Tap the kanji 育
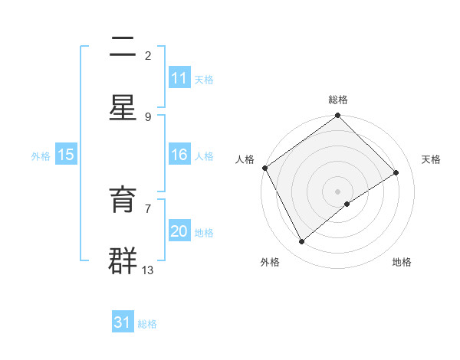123,201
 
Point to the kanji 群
123,260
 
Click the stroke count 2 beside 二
148,55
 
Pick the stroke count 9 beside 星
148,116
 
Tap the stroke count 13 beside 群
148,270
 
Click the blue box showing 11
179,78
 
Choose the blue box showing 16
179,155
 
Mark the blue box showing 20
179,231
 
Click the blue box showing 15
66,155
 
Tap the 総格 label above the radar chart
338,100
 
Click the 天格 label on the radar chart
431,159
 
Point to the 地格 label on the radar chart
402,262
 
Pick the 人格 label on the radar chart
245,159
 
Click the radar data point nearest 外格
302,242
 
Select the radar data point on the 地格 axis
347,204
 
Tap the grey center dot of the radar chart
337,191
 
